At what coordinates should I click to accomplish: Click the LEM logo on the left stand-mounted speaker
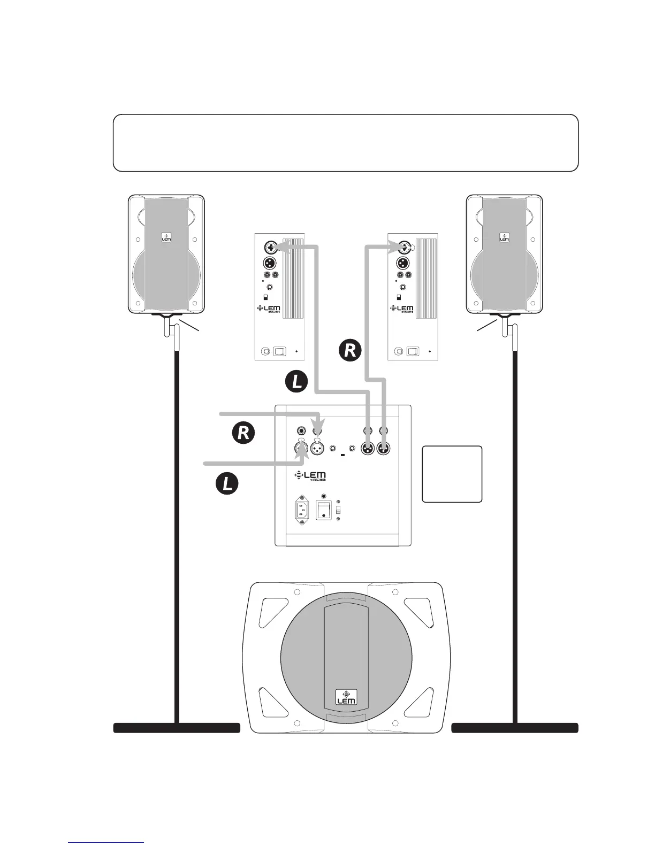pyautogui.click(x=166, y=237)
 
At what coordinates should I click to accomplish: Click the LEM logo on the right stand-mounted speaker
pyautogui.click(x=504, y=237)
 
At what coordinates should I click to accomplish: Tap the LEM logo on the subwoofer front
pyautogui.click(x=346, y=696)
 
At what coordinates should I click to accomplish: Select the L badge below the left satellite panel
pyautogui.click(x=296, y=381)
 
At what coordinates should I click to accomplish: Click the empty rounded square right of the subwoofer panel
pyautogui.click(x=452, y=474)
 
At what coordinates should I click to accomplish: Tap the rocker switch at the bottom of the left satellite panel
pyautogui.click(x=280, y=352)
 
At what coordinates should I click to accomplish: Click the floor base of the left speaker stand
pyautogui.click(x=177, y=727)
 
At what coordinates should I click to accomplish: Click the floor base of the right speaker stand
pyautogui.click(x=515, y=727)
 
